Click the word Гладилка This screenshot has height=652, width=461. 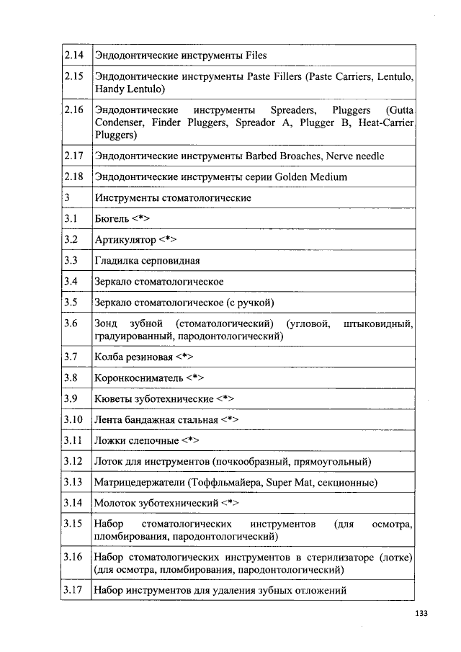pos(117,260)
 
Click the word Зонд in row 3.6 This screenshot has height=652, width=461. pos(107,323)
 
